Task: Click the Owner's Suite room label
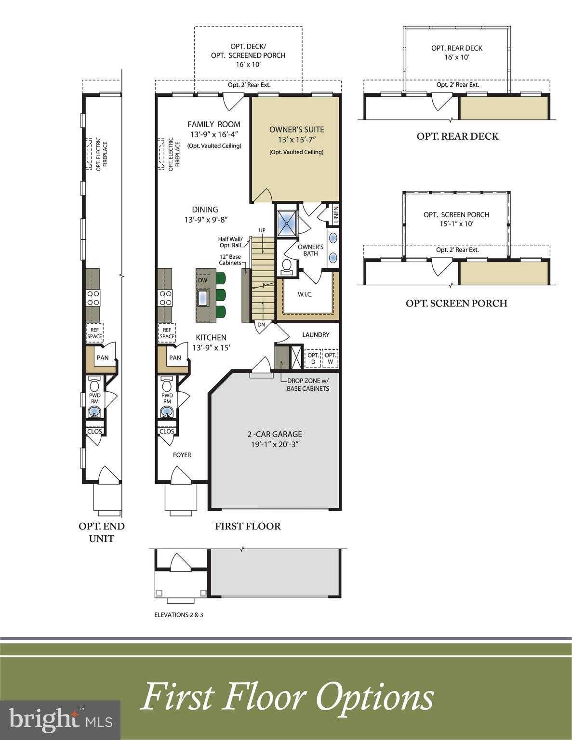click(x=296, y=130)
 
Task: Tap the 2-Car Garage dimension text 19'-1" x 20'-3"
click(x=274, y=444)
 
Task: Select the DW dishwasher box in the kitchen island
click(x=202, y=280)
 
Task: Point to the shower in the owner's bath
click(x=287, y=223)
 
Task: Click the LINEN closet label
click(x=336, y=215)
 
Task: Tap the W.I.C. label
click(x=305, y=294)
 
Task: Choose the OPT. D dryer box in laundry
click(x=313, y=358)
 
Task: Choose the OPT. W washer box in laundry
click(x=330, y=358)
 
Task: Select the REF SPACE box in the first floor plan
click(x=167, y=333)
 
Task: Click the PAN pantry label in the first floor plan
click(x=175, y=357)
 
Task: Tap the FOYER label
click(x=182, y=455)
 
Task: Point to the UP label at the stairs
click(x=262, y=230)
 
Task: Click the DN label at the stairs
click(x=261, y=325)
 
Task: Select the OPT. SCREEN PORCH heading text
click(x=456, y=303)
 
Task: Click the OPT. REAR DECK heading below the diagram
click(x=458, y=136)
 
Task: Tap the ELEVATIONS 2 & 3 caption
click(x=179, y=615)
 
